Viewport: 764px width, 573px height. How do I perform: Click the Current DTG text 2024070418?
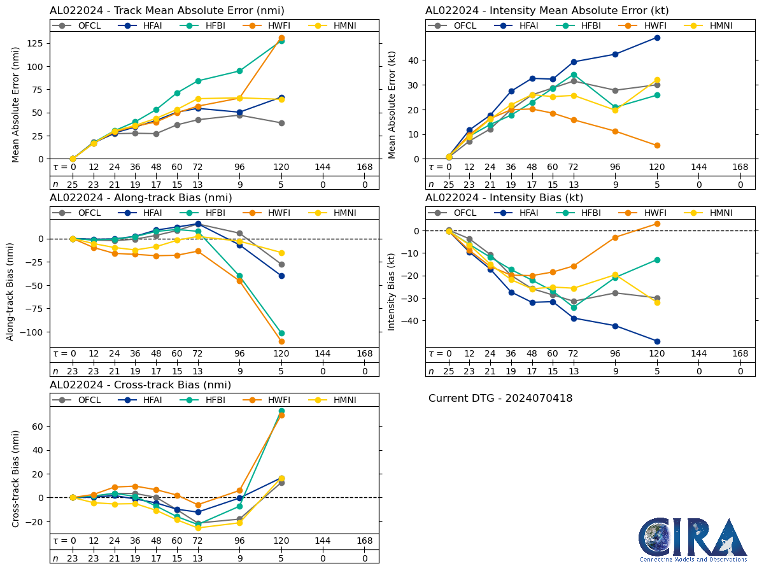tap(500, 399)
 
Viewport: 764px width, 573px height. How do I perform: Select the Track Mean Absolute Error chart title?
tap(167, 11)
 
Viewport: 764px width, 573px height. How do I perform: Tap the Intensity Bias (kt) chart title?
tap(504, 198)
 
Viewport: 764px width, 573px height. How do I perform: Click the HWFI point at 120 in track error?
tap(281, 38)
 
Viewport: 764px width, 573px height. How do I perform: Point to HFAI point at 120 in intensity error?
tap(657, 38)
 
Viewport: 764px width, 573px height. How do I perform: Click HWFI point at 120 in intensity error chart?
tap(657, 145)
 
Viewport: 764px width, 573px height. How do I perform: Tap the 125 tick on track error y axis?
tap(35, 43)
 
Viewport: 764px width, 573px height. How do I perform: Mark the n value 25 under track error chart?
tap(73, 184)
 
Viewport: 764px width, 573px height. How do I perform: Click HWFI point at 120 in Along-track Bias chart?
tap(281, 341)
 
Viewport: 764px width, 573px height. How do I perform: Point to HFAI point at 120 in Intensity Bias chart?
tap(657, 341)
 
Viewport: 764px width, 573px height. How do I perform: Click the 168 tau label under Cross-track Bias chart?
tap(365, 541)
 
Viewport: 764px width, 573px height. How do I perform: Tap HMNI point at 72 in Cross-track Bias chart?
tap(198, 528)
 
